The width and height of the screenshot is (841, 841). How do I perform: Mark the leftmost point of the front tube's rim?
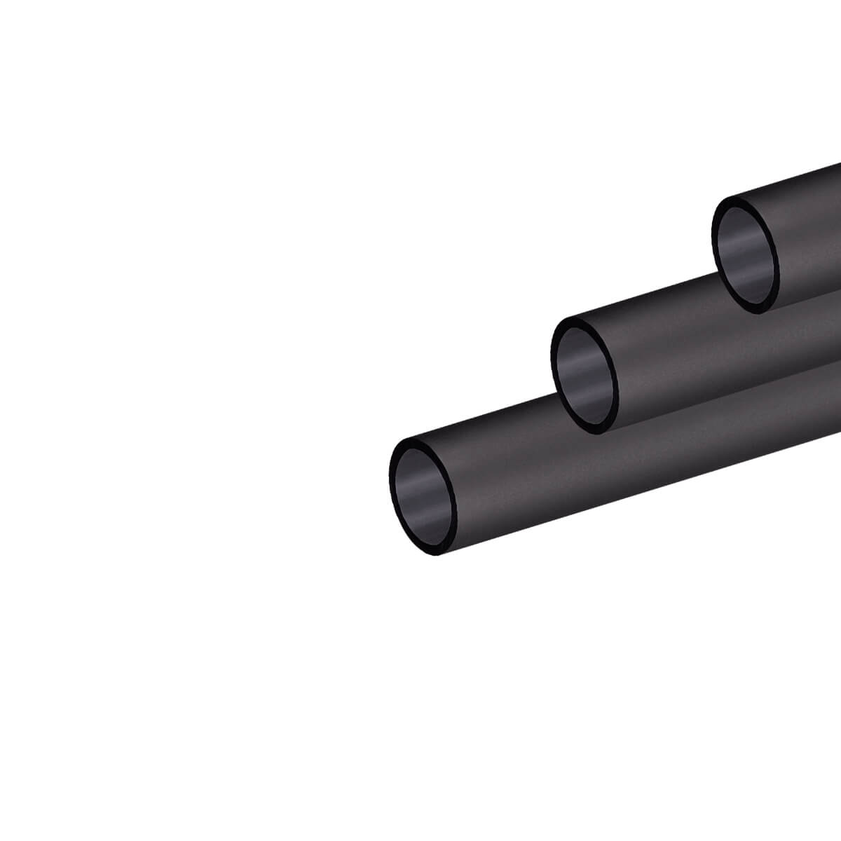click(x=390, y=484)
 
